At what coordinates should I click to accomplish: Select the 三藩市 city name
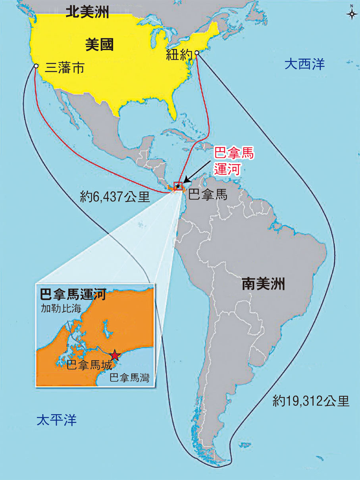pyautogui.click(x=65, y=69)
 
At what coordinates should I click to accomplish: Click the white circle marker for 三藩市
pyautogui.click(x=36, y=66)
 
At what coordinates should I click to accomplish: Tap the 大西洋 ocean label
pyautogui.click(x=304, y=64)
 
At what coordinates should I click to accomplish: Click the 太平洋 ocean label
pyautogui.click(x=56, y=420)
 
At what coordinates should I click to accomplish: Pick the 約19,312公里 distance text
pyautogui.click(x=311, y=401)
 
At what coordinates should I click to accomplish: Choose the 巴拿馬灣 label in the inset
pyautogui.click(x=129, y=378)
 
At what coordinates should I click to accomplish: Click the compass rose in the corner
pyautogui.click(x=351, y=13)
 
